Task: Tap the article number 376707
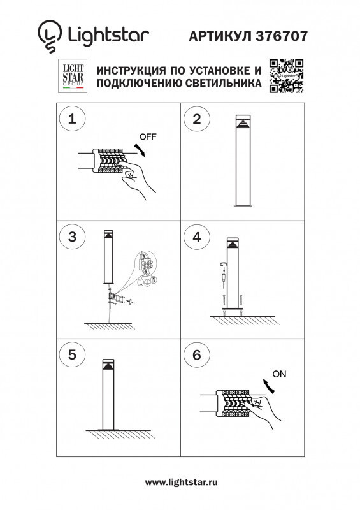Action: point(281,36)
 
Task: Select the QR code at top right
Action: point(286,75)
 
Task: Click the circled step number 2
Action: point(196,119)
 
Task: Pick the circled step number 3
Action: point(72,237)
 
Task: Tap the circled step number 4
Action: point(196,237)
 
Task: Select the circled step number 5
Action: point(72,355)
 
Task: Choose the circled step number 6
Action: point(196,355)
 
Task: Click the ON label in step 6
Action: point(279,374)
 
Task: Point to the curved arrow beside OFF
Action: point(141,150)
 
